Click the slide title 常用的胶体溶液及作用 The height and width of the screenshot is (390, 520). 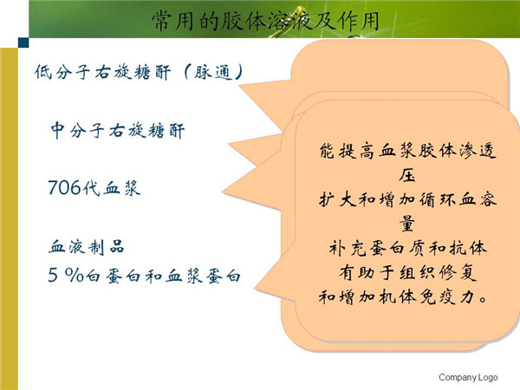pos(265,21)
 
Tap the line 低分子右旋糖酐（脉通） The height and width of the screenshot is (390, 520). pos(139,72)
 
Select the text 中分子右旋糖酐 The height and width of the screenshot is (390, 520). pos(117,130)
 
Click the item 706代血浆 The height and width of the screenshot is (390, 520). pos(94,187)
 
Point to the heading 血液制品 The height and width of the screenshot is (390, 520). pos(87,247)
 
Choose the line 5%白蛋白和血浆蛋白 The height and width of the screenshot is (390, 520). pos(144,276)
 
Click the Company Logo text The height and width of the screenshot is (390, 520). pos(468,377)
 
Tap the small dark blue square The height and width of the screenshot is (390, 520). pos(23,42)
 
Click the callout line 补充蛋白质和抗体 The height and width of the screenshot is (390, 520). pos(407,248)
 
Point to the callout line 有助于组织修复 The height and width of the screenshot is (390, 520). pos(407,273)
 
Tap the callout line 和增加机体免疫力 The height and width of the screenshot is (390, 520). pos(403,296)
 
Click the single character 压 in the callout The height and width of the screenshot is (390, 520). pos(407,175)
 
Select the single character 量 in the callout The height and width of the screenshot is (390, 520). pos(407,224)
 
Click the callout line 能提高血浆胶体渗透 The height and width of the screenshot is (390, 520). pos(407,151)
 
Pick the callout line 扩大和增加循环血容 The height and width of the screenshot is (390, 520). pos(407,199)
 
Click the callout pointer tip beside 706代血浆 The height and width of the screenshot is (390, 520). pos(223,192)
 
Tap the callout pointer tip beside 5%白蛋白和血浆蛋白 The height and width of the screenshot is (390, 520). pos(255,289)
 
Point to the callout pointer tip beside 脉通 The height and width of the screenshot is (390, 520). pos(239,86)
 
